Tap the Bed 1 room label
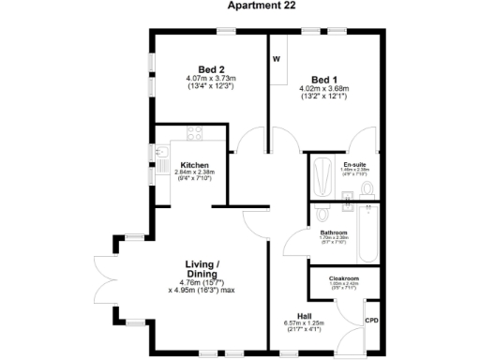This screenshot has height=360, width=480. (x=324, y=79)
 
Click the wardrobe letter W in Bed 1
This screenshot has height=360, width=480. (x=277, y=59)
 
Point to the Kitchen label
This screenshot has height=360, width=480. (x=194, y=165)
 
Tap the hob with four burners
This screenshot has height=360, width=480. (x=195, y=133)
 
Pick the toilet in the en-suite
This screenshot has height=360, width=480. (x=367, y=191)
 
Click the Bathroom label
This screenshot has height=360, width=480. (x=334, y=232)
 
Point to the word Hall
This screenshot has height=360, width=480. (x=305, y=316)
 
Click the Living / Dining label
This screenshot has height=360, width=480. (x=202, y=269)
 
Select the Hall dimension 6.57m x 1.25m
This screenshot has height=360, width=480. (x=305, y=323)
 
